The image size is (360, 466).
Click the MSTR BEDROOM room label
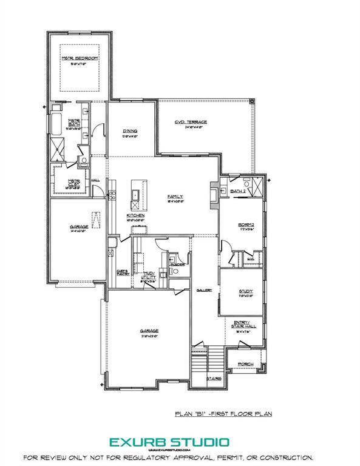click(79, 58)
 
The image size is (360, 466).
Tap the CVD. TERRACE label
click(191, 122)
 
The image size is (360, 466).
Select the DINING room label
click(129, 130)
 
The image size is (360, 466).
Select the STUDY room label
click(245, 291)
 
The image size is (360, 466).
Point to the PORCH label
click(245, 364)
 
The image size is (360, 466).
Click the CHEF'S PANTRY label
click(122, 272)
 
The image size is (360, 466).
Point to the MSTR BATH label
click(75, 122)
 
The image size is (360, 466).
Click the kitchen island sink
click(134, 195)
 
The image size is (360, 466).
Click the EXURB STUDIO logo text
click(169, 441)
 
